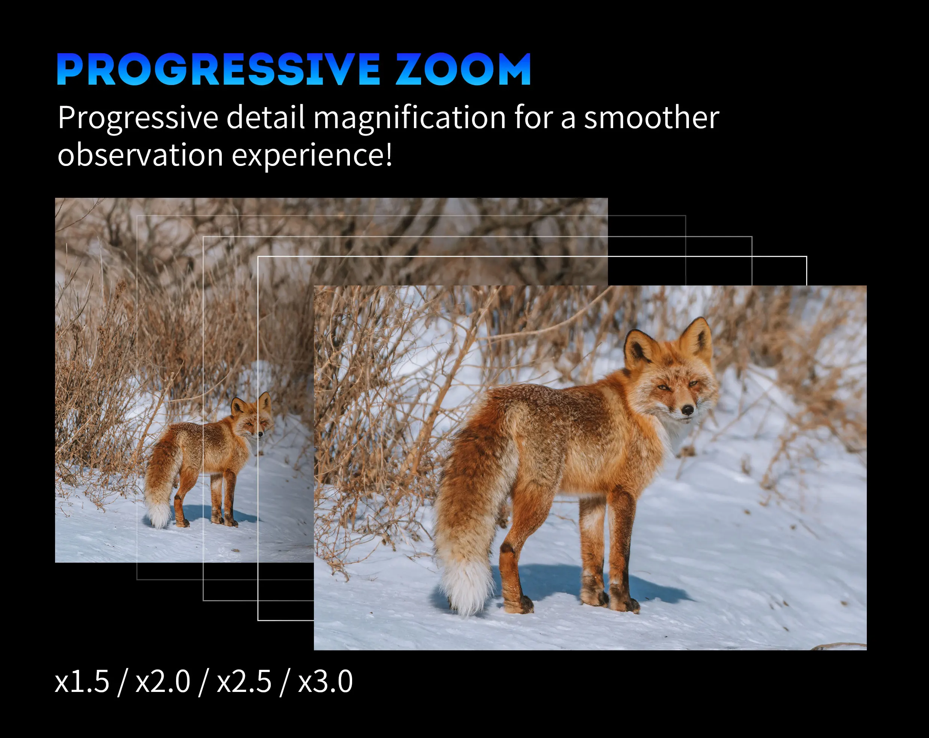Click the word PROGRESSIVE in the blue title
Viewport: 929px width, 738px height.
click(218, 69)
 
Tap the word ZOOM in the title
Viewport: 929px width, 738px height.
click(464, 69)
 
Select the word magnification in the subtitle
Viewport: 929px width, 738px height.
click(409, 118)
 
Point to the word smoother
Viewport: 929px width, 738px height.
click(651, 117)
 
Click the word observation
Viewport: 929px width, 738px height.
click(140, 154)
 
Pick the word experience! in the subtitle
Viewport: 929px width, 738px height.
click(312, 156)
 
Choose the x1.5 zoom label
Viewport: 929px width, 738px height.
click(82, 682)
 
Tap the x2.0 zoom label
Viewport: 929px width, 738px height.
click(163, 682)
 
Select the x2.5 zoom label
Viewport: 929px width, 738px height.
click(244, 682)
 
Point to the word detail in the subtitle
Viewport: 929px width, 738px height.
click(266, 117)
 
